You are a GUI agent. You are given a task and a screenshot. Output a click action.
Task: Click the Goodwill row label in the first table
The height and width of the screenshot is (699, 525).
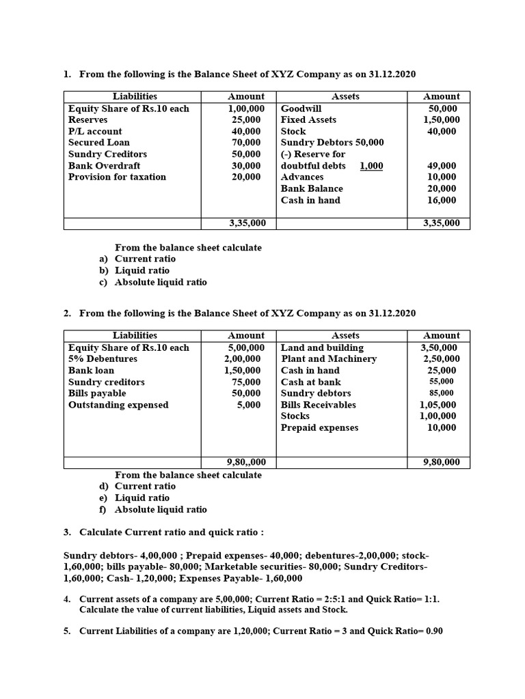301,109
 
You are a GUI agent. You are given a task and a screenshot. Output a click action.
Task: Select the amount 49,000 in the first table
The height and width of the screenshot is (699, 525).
442,166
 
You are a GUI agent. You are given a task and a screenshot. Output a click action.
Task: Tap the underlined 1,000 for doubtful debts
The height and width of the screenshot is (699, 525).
371,166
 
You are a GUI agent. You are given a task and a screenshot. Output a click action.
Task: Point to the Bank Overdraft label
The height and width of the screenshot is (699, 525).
104,166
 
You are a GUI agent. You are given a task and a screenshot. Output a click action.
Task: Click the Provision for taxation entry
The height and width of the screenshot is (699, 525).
117,177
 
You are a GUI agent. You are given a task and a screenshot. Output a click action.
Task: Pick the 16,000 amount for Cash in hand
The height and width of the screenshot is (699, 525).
442,200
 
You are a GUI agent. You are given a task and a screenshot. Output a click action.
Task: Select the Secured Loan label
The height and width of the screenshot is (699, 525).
98,143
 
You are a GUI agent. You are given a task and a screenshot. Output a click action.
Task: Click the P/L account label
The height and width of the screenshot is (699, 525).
95,131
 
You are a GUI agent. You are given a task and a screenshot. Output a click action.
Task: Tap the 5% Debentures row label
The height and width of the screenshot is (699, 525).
103,358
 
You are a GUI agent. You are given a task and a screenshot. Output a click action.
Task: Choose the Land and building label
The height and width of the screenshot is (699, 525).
322,347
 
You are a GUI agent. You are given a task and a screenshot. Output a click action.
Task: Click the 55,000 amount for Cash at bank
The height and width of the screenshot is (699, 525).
442,382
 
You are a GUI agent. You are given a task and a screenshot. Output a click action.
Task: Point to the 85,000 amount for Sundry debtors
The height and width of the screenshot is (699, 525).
442,393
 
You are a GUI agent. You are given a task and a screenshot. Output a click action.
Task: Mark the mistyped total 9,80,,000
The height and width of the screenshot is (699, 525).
246,462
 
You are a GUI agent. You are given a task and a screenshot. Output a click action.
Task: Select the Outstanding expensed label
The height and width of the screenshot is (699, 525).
118,405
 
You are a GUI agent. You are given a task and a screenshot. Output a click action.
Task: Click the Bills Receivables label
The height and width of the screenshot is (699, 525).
319,405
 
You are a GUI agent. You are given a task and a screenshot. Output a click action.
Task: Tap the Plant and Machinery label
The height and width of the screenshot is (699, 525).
329,358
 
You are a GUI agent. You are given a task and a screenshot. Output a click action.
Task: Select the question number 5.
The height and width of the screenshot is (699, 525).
67,631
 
